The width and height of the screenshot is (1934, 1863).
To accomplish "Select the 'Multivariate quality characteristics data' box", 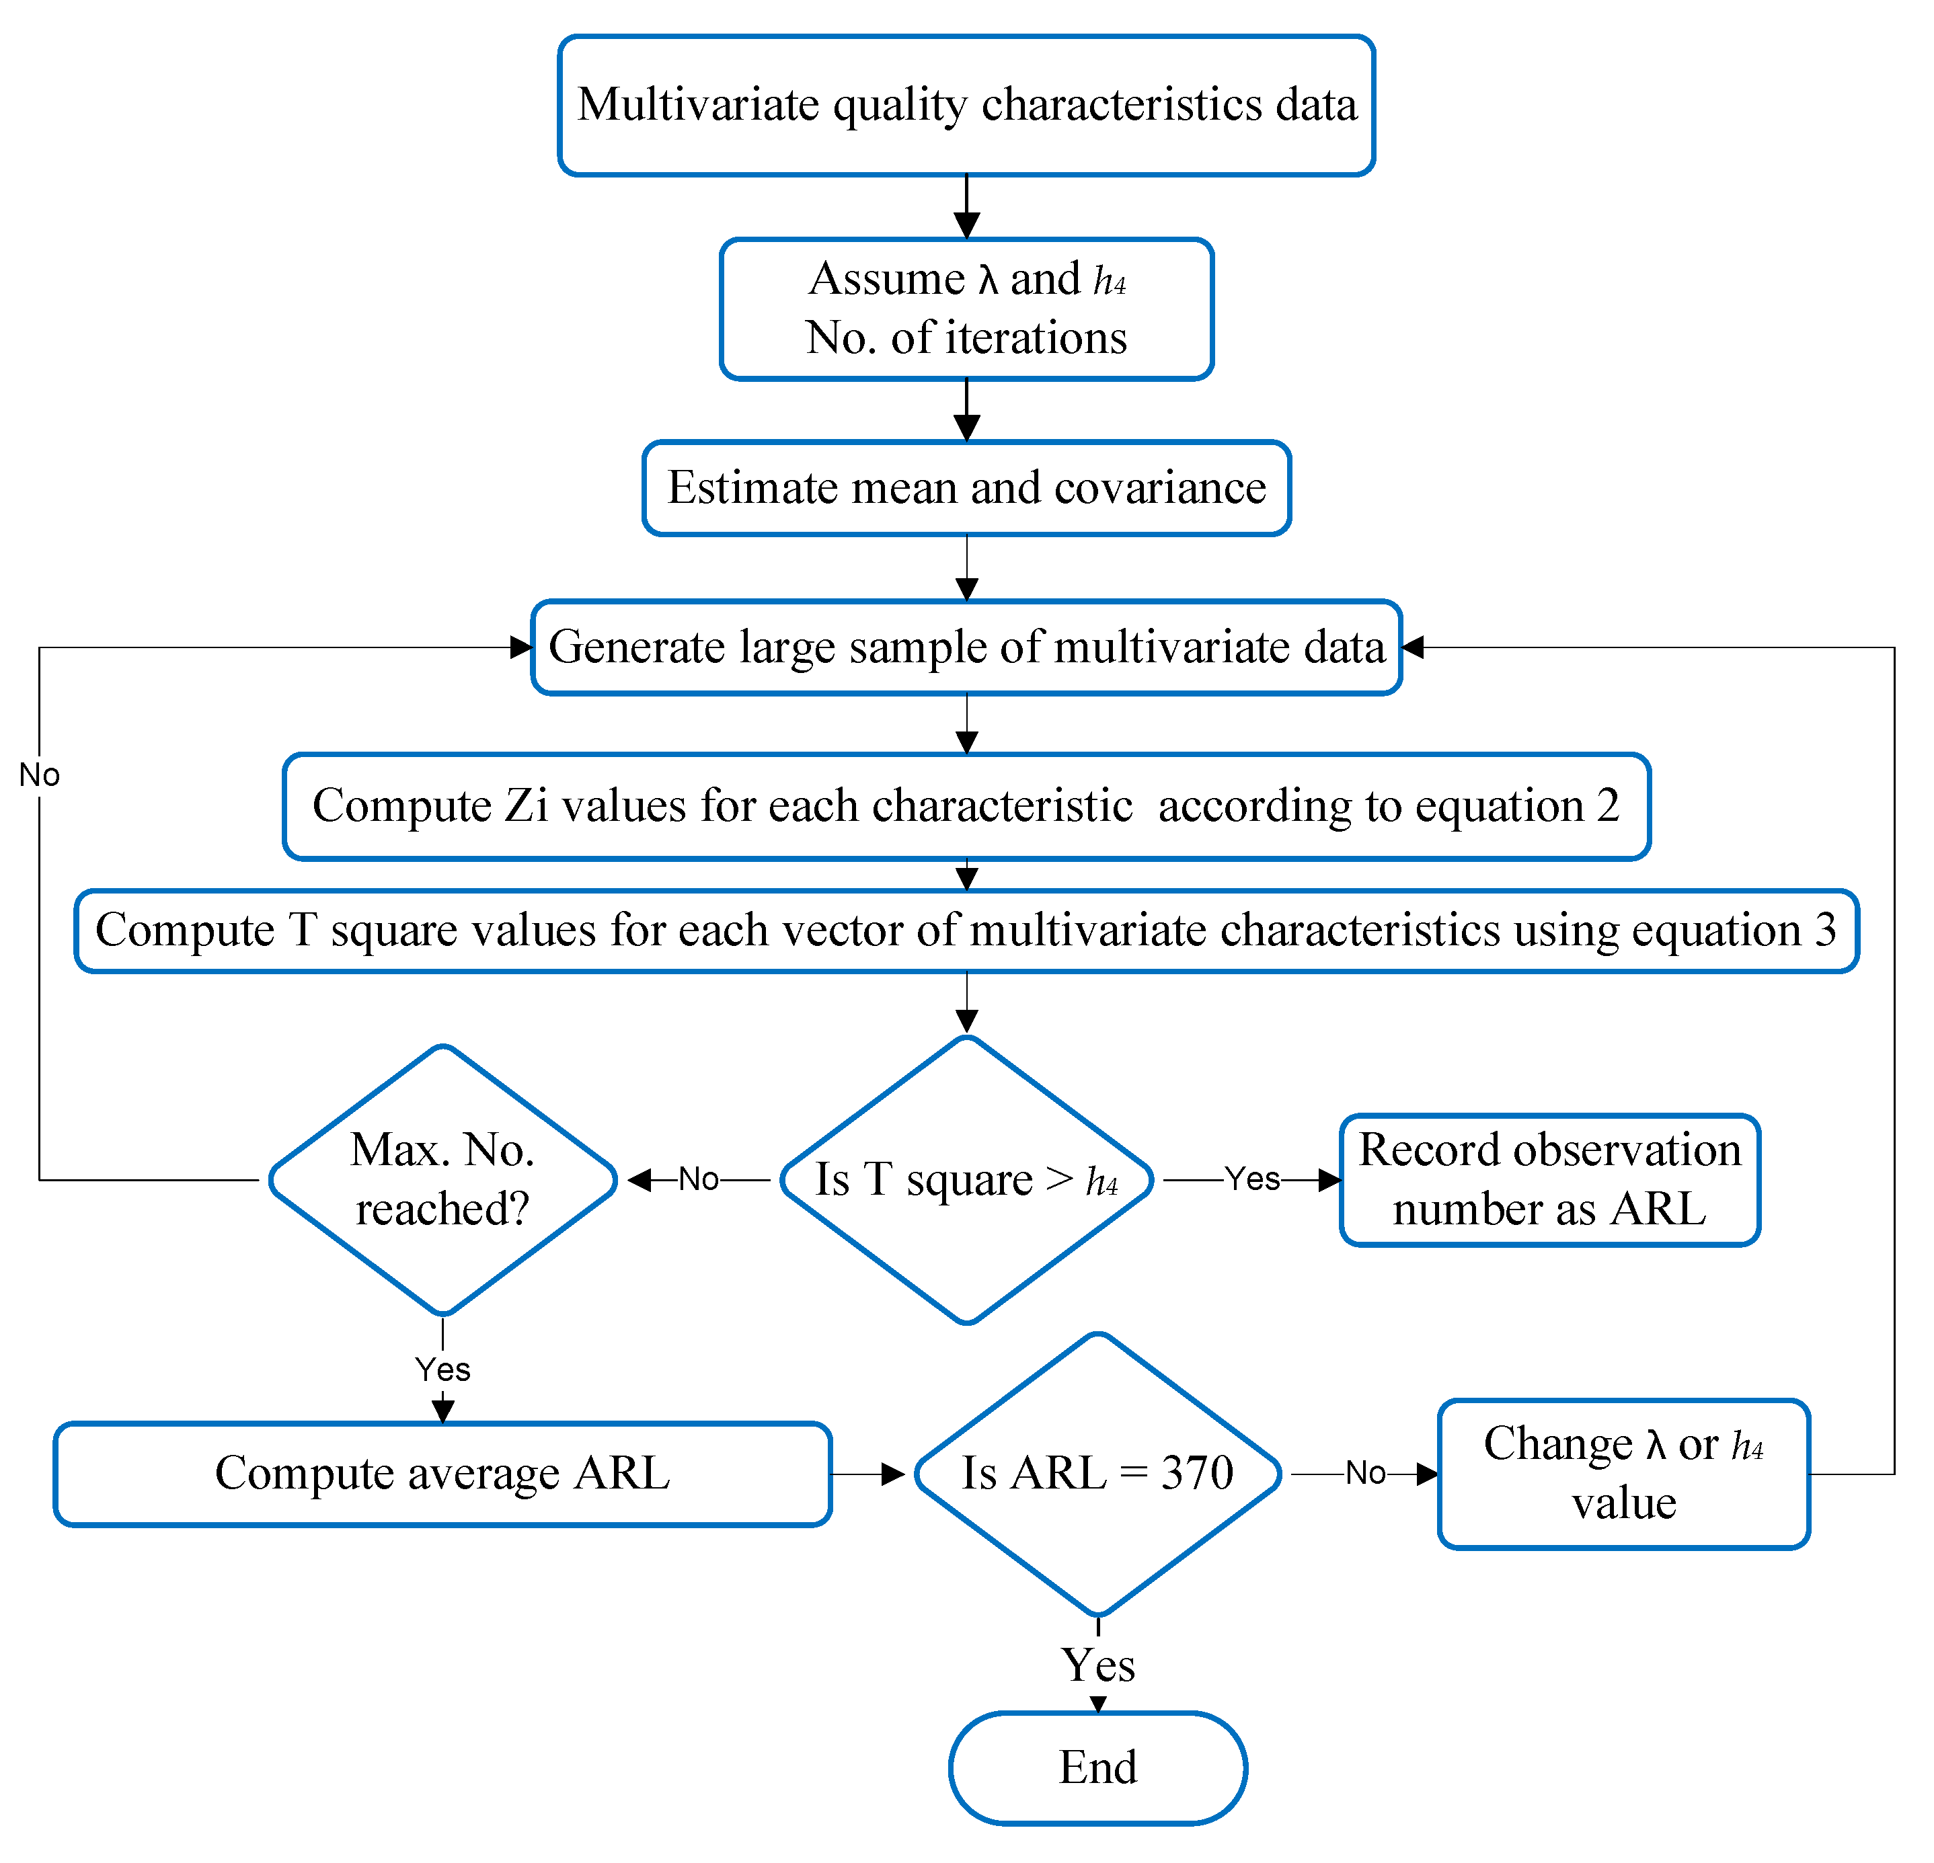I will click(966, 105).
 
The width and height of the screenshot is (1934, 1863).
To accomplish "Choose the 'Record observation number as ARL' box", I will click(1549, 1179).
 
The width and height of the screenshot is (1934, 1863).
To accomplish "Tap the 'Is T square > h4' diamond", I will click(966, 1179).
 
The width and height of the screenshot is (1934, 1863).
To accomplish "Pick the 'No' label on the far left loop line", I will click(40, 776).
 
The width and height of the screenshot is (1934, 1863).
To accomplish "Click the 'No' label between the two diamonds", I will click(699, 1179).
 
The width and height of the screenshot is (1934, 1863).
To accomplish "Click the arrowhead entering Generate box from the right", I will click(1413, 647).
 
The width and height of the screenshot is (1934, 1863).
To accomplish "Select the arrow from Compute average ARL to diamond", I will click(868, 1474).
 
